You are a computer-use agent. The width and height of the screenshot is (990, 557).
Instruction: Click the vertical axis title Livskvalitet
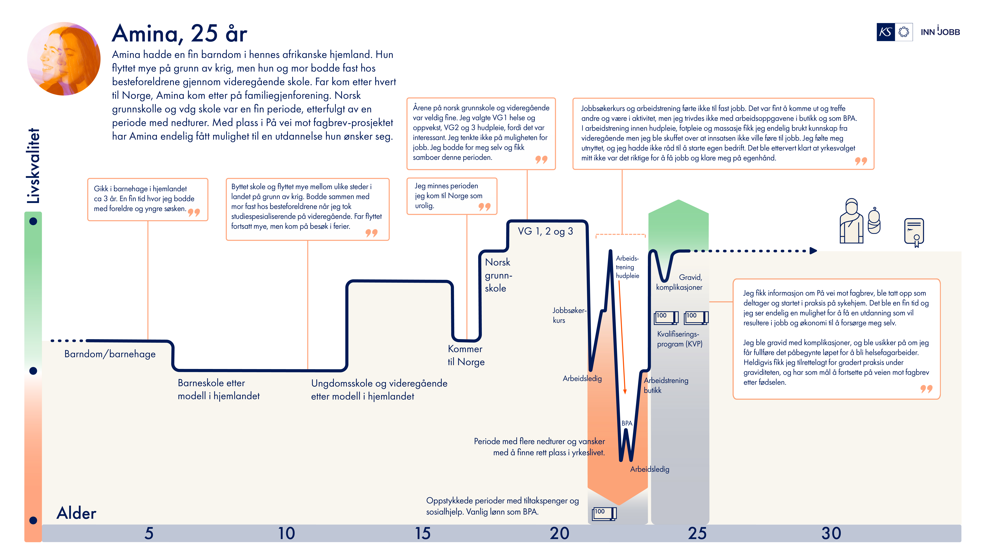tap(33, 165)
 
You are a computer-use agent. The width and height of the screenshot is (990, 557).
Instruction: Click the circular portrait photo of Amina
tap(64, 58)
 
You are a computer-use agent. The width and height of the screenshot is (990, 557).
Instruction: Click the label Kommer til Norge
tap(466, 355)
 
